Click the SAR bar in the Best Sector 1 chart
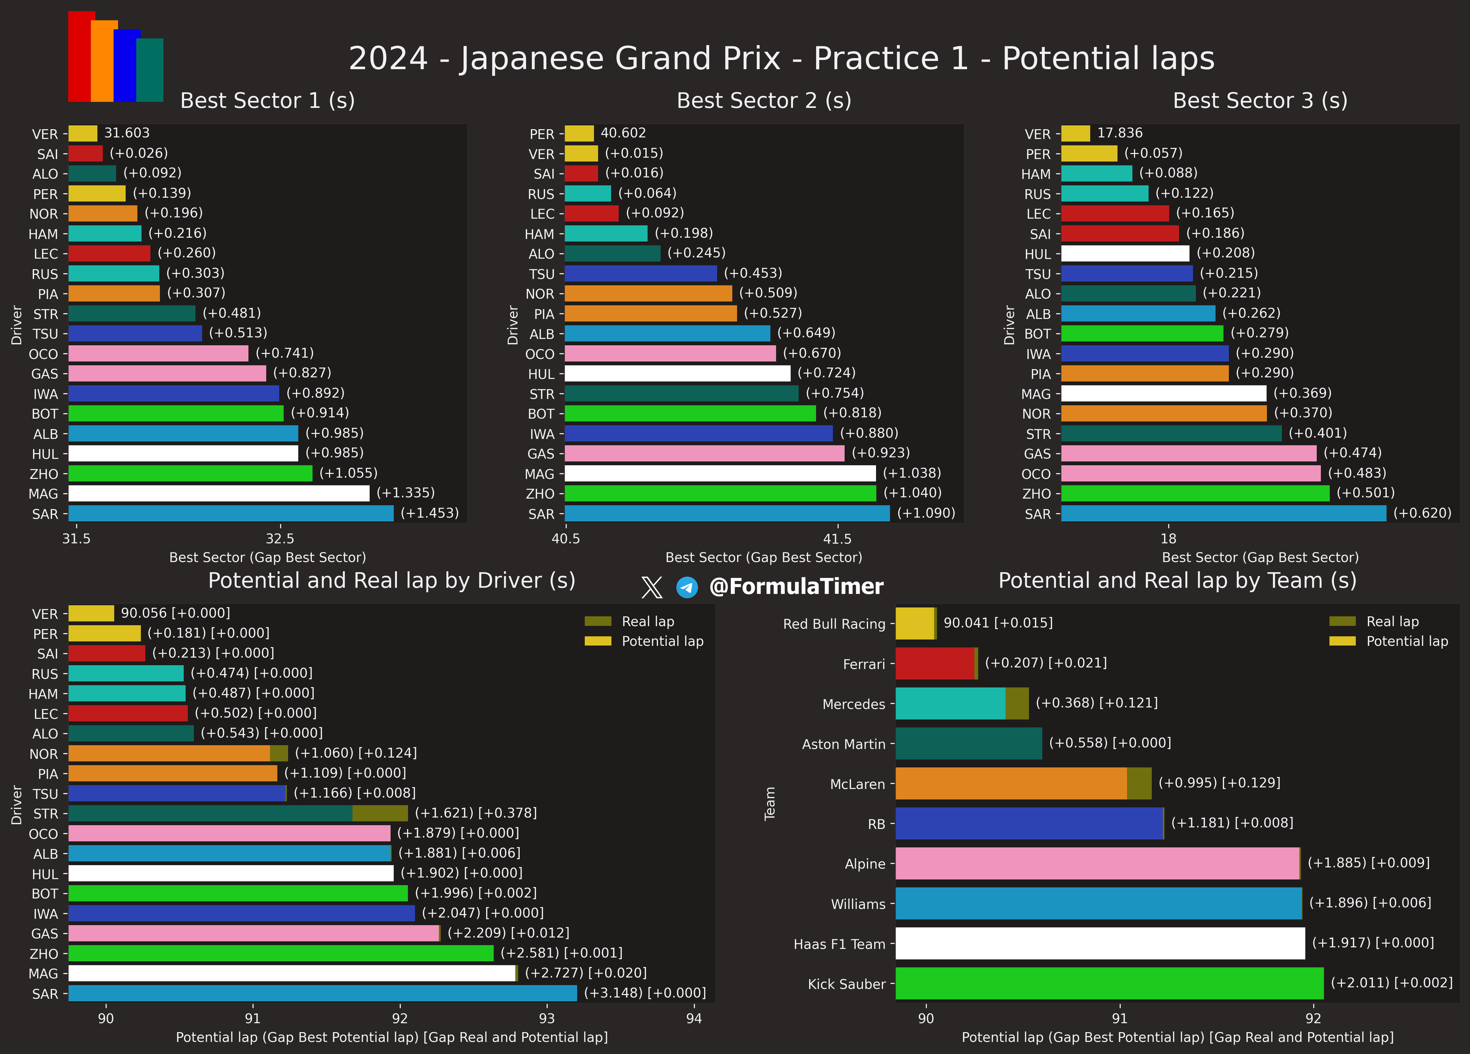click(231, 513)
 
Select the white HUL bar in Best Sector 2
click(677, 373)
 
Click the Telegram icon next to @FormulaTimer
click(687, 587)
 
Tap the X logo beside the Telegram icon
click(651, 587)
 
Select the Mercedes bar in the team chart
click(950, 703)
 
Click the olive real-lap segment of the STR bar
click(380, 813)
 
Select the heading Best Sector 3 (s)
click(1260, 101)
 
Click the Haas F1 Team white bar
click(1100, 943)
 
